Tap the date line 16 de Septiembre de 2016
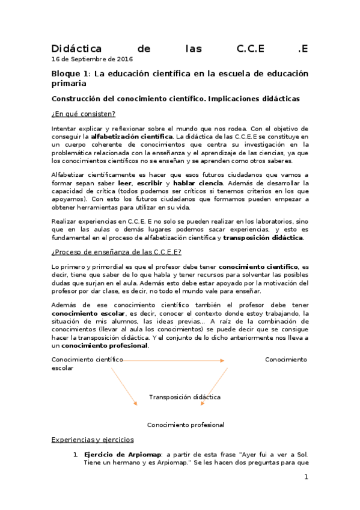click(93, 60)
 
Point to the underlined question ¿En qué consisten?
click(84, 114)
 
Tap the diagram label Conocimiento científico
click(87, 360)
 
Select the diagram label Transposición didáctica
click(185, 397)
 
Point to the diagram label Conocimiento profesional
click(186, 425)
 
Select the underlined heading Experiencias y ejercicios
click(93, 440)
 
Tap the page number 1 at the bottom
click(306, 478)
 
